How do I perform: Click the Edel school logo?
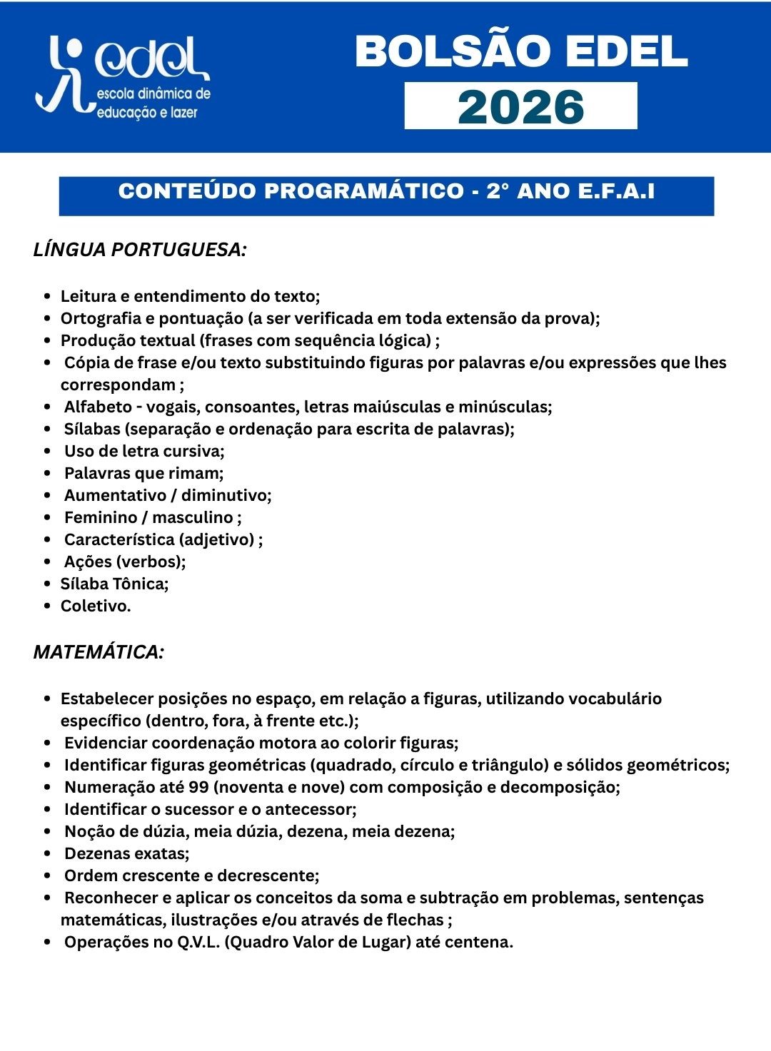coord(123,77)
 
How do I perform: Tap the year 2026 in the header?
coord(520,106)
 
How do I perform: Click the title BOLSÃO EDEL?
coord(520,52)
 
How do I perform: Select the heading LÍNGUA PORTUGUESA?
coord(140,250)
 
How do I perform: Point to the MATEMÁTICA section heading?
coord(99,652)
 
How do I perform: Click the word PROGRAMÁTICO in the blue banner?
coord(364,191)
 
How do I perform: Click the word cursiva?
coord(194,451)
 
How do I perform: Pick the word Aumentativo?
coord(114,495)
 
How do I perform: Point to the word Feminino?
coord(101,517)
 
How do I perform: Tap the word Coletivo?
coord(95,606)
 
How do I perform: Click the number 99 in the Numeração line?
coord(199,787)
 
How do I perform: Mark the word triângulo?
coord(509,765)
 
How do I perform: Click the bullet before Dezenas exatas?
coord(47,854)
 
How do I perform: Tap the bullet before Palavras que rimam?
coord(47,474)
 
